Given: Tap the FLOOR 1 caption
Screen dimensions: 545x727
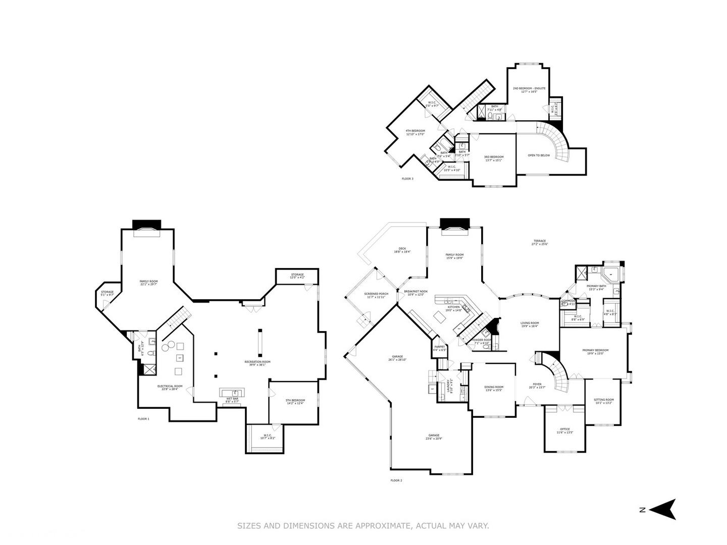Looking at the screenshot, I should point(143,419).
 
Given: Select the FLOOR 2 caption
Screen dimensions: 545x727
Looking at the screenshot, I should point(396,480).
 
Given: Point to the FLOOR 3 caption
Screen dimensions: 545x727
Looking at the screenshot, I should point(407,179).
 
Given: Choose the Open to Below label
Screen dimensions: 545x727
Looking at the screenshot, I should point(539,155).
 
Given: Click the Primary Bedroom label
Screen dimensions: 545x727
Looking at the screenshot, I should point(595,352).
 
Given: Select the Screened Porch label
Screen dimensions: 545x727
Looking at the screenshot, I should point(376,295).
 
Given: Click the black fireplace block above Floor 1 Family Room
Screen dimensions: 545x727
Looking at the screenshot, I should point(146,224).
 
